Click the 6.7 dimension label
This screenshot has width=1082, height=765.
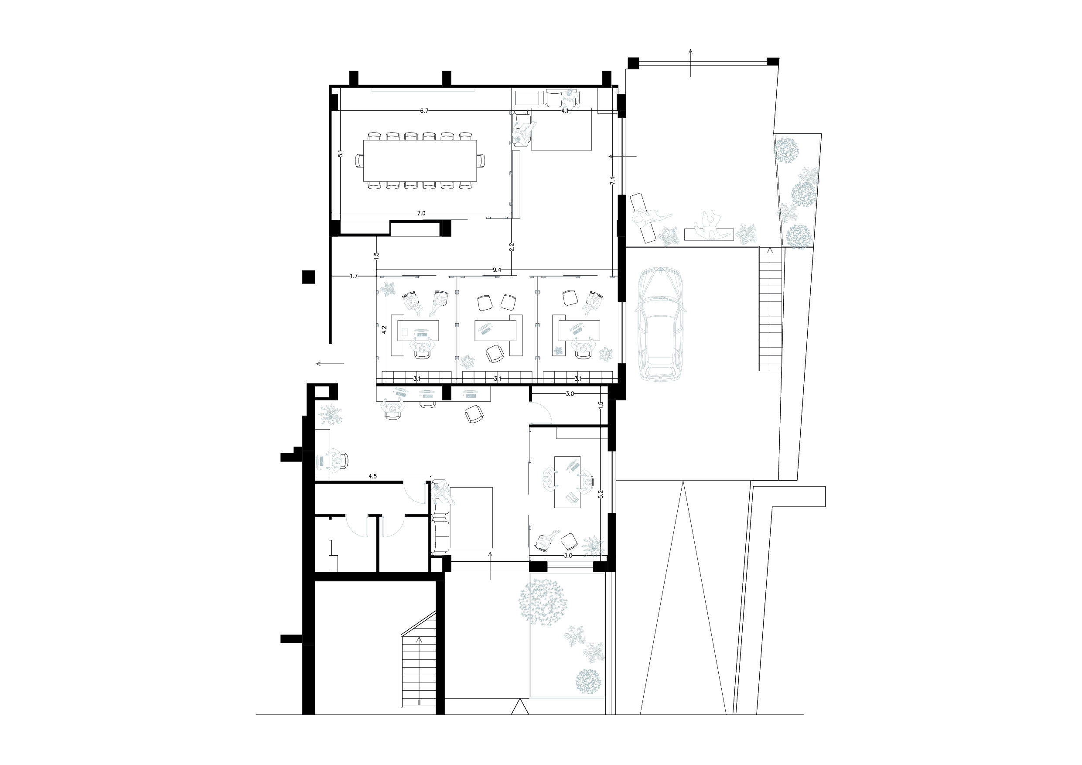pyautogui.click(x=424, y=111)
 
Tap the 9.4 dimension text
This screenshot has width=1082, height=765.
pyautogui.click(x=497, y=270)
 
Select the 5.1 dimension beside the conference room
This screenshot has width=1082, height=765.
pyautogui.click(x=341, y=154)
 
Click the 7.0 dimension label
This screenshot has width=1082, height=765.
pyautogui.click(x=421, y=213)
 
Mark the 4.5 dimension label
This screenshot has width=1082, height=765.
pyautogui.click(x=372, y=477)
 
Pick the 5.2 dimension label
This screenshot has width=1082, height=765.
pyautogui.click(x=601, y=495)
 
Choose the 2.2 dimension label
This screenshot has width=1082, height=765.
pyautogui.click(x=512, y=246)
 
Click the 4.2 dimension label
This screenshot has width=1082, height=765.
pyautogui.click(x=385, y=331)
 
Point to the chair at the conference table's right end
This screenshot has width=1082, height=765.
pyautogui.click(x=481, y=161)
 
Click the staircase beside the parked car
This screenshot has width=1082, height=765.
pyautogui.click(x=770, y=309)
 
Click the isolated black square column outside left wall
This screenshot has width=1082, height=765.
pyautogui.click(x=308, y=277)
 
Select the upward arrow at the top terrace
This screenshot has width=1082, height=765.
pyautogui.click(x=690, y=62)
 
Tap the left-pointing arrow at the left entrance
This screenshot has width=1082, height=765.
pyautogui.click(x=330, y=363)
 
